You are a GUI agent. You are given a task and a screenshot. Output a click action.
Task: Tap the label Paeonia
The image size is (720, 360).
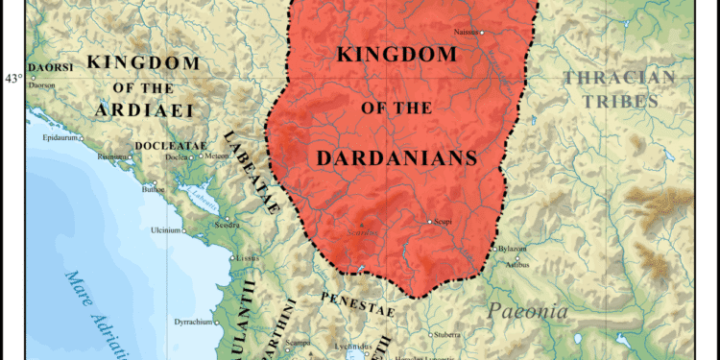click(527, 311)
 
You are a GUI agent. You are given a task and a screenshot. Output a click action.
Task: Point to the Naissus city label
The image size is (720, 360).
click(467, 32)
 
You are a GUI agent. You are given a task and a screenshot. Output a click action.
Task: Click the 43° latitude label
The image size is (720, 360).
click(12, 79)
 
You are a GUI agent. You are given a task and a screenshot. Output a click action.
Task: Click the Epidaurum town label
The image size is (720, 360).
click(60, 137)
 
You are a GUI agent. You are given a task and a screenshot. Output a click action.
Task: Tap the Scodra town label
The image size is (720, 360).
click(227, 225)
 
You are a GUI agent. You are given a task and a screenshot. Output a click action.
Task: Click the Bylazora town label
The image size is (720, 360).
click(513, 248)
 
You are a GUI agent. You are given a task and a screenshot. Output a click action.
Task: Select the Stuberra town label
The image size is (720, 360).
click(446, 335)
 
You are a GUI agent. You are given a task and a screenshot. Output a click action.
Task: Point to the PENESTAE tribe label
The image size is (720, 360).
click(358, 298)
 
